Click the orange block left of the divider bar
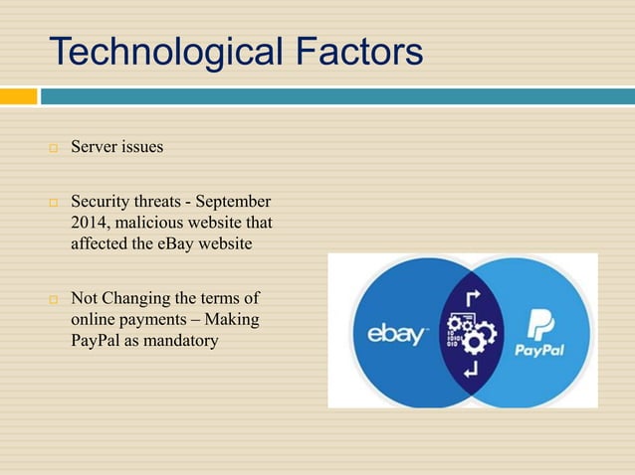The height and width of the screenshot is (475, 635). (18, 96)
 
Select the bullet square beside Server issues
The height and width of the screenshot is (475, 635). (55, 148)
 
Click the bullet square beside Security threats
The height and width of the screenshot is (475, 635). (55, 202)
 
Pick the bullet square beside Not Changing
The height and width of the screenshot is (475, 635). (55, 298)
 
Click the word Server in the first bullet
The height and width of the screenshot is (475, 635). (95, 147)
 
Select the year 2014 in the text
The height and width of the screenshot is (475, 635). (89, 222)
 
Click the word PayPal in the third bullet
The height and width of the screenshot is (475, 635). (97, 341)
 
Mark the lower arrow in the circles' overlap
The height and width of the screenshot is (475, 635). (471, 370)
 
